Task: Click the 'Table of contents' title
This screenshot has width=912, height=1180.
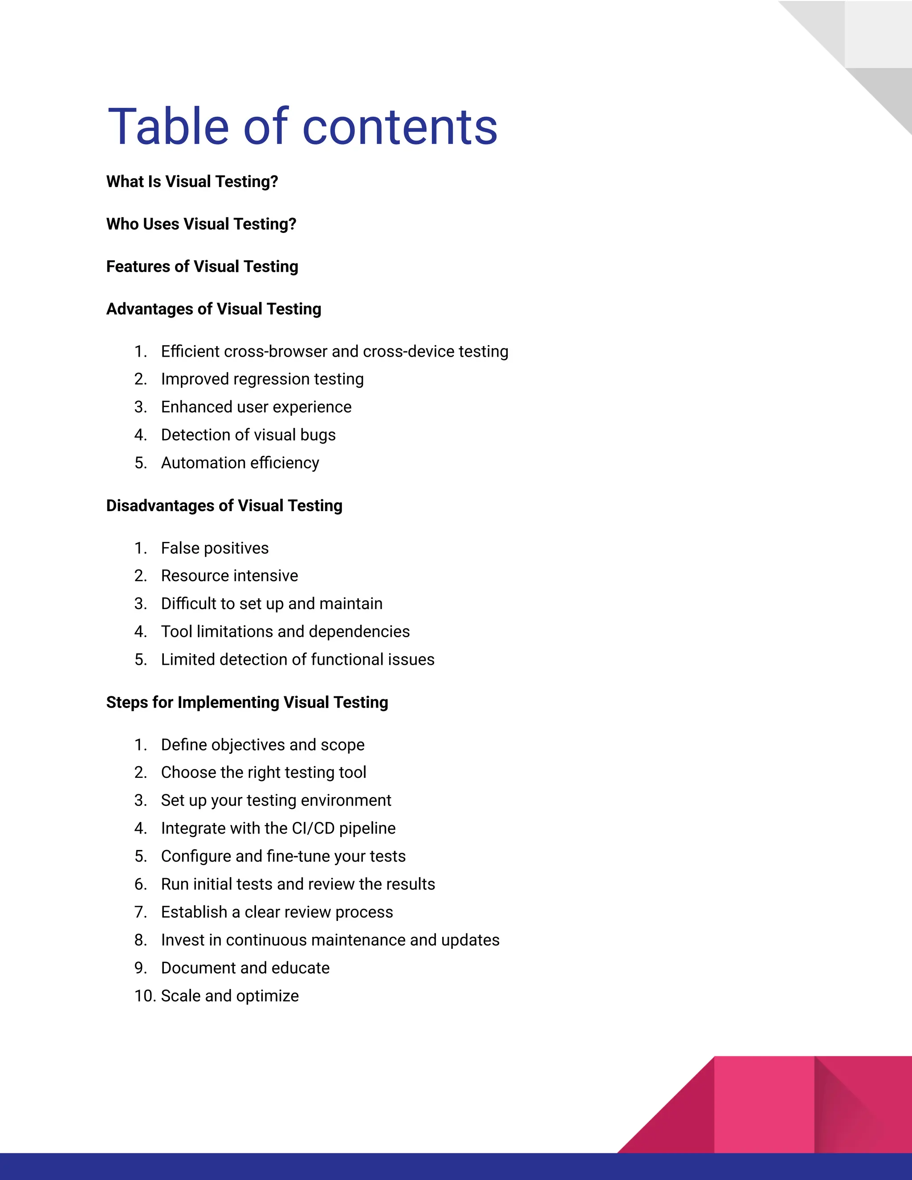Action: [302, 127]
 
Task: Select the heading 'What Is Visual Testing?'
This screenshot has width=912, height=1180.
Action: [192, 182]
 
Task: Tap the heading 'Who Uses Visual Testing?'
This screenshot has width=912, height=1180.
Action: [201, 224]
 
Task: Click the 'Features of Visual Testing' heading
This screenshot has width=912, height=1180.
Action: [202, 266]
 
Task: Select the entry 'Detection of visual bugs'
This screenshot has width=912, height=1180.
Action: [248, 435]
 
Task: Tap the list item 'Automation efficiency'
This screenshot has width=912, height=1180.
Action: [240, 463]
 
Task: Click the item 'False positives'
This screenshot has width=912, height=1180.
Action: [215, 549]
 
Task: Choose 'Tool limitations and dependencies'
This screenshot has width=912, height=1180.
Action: [285, 631]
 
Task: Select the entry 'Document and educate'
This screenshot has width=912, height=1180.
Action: [245, 968]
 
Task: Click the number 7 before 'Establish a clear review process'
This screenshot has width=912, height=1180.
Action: [140, 912]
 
